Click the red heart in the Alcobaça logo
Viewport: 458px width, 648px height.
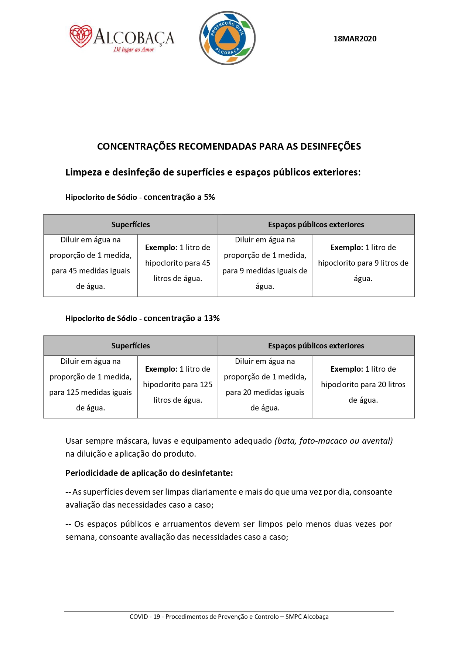click(81, 36)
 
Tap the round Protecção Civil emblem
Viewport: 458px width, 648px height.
click(227, 38)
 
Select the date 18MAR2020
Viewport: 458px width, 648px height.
click(355, 39)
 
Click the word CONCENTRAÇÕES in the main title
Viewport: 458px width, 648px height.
click(137, 146)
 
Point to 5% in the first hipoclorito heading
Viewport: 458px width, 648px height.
click(209, 197)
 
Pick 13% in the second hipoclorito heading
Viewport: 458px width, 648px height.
click(212, 318)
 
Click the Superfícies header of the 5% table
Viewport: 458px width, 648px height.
click(131, 225)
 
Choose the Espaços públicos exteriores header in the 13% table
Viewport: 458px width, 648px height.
click(316, 346)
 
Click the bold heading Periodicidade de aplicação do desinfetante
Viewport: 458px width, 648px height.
click(149, 473)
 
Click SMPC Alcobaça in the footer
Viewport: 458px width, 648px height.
click(307, 617)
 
